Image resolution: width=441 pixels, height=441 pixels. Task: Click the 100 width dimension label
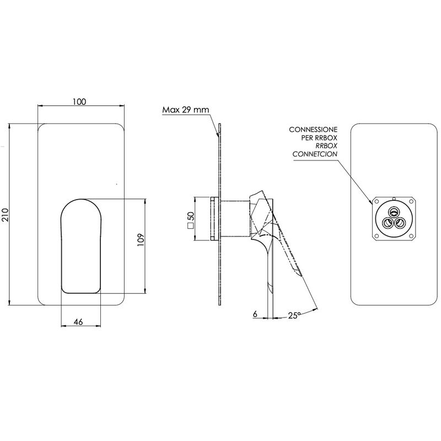coord(79,101)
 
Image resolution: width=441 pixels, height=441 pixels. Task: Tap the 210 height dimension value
coord(6,215)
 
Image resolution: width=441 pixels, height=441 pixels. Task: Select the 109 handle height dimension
coord(141,240)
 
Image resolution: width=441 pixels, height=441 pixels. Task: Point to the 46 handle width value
coord(78,322)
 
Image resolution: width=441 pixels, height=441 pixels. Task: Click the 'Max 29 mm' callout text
coord(186,109)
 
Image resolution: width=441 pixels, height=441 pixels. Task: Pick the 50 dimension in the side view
coord(191,216)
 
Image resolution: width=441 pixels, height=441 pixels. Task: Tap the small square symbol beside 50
coord(191,225)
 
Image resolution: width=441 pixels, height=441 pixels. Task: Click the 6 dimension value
coord(255,314)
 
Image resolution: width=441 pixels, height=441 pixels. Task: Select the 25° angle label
coord(293,315)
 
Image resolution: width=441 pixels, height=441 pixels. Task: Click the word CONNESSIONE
coord(313,130)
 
